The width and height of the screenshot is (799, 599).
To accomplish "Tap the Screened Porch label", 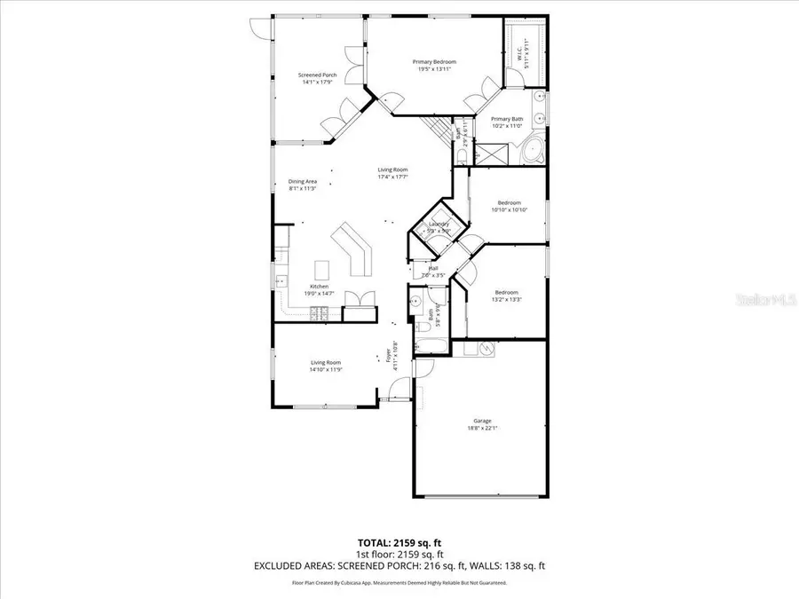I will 317,75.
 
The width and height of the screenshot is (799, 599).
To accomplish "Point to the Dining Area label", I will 303,181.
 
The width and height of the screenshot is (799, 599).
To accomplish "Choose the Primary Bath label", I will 508,119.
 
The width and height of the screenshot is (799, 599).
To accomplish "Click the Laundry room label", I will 439,225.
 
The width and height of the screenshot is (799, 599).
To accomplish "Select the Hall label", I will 433,268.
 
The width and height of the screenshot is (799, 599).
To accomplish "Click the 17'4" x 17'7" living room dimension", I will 392,177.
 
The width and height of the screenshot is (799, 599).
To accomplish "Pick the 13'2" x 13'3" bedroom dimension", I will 507,299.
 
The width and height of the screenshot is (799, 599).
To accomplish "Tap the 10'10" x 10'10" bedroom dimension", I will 510,209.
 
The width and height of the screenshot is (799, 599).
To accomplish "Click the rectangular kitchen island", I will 321,269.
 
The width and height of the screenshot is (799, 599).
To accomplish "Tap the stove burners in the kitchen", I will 318,311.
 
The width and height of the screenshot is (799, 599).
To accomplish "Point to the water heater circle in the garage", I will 486,349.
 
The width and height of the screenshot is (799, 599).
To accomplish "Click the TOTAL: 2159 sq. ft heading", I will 399,540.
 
